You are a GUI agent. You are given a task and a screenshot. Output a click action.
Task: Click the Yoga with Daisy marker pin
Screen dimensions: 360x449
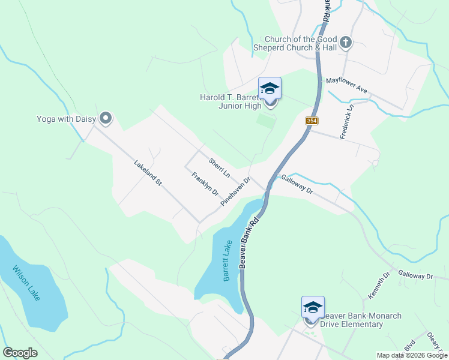[106, 118]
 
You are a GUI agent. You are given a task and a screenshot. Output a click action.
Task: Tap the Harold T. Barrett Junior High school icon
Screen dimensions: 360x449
[270, 89]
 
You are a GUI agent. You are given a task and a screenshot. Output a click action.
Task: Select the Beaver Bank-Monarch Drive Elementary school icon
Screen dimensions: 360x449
[313, 308]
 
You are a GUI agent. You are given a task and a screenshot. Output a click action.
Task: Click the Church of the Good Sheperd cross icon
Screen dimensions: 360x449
[345, 43]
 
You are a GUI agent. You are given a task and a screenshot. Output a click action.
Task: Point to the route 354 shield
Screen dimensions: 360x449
[311, 121]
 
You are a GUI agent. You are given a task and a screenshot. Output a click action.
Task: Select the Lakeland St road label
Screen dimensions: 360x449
[148, 172]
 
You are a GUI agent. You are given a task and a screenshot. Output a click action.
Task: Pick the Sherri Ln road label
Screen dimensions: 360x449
[220, 167]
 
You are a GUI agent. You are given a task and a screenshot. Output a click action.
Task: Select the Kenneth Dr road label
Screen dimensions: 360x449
[378, 286]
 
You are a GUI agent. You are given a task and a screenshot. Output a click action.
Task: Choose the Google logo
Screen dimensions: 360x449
[20, 353]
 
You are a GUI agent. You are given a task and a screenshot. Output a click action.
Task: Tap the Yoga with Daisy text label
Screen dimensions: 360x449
[66, 119]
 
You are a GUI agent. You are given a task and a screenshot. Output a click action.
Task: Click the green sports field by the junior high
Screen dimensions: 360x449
[267, 120]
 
